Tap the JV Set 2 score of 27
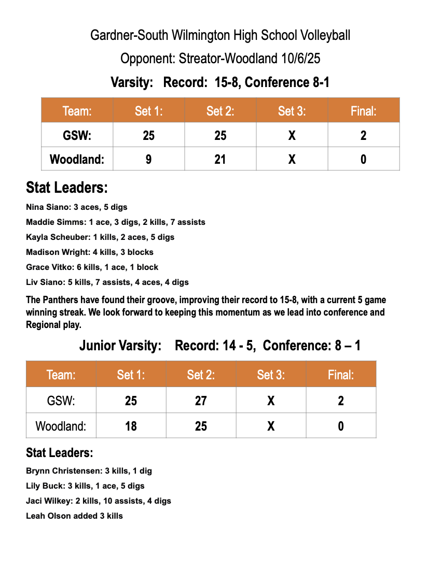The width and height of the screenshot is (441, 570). [201, 401]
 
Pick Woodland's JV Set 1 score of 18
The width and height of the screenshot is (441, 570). [131, 426]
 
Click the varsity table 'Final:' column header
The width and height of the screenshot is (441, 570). [363, 111]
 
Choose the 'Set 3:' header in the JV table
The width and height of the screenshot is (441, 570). [271, 375]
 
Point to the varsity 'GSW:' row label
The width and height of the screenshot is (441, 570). [77, 136]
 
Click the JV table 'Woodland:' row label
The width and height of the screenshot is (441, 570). [61, 426]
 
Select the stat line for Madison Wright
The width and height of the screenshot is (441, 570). [89, 252]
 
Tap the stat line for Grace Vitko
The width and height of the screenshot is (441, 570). [92, 267]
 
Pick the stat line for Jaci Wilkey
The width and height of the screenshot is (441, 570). [98, 501]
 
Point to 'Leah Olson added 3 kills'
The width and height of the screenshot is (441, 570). [74, 516]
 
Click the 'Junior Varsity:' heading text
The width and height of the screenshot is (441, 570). [120, 346]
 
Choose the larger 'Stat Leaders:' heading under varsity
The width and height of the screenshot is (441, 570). [67, 187]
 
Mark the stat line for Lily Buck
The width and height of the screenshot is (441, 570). [85, 486]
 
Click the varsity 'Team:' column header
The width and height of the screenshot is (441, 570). [77, 111]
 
